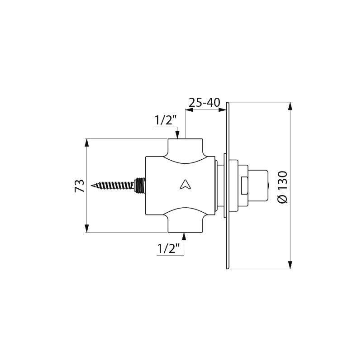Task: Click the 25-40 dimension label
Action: pos(204,103)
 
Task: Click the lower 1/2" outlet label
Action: pos(169,248)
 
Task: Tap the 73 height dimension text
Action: pos(80,186)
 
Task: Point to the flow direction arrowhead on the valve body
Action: pos(185,184)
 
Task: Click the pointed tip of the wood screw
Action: pos(92,185)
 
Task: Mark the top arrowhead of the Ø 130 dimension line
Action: pos(290,106)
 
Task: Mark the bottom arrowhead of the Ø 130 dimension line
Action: pos(290,266)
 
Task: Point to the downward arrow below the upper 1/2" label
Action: pos(178,134)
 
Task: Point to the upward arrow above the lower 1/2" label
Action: pos(184,235)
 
